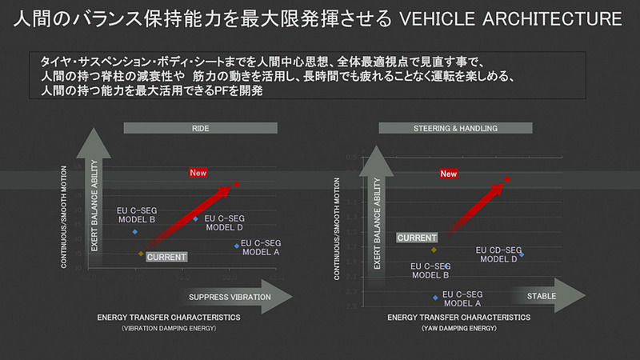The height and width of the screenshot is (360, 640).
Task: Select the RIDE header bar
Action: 200,127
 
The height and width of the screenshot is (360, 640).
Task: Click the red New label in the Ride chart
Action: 198,173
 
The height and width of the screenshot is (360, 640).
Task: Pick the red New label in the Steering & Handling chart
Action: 449,174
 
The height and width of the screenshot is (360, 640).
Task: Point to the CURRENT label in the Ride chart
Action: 166,257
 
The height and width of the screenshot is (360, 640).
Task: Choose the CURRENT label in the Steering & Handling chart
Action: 417,238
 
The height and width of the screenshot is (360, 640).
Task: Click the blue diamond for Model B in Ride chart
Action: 135,232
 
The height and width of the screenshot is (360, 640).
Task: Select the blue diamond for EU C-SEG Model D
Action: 196,218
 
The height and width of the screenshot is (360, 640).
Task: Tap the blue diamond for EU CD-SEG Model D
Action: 522,254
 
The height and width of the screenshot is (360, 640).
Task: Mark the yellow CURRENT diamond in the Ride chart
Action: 141,254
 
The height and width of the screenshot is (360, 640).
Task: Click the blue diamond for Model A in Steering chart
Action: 436,298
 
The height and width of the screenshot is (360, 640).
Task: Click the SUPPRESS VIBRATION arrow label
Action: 230,298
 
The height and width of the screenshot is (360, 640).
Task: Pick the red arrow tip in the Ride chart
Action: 237,184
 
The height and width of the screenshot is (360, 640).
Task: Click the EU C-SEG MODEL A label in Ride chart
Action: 262,247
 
